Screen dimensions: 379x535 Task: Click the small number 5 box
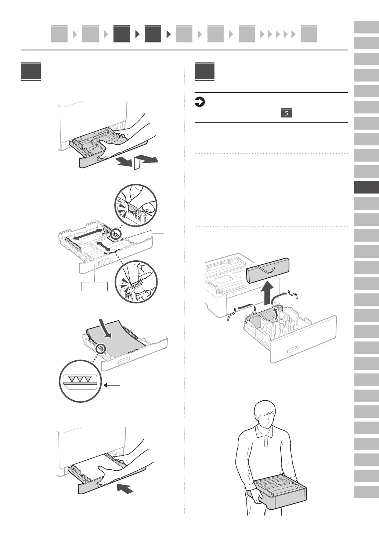[x=286, y=113]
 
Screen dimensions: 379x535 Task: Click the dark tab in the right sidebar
[x=366, y=188]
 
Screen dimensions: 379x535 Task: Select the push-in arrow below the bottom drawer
[x=125, y=488]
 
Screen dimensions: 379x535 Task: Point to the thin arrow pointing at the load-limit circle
[x=112, y=385]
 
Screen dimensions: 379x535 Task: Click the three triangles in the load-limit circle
[x=80, y=379]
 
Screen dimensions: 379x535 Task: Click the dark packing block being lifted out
[x=267, y=271]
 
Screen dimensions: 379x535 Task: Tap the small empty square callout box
[x=159, y=229]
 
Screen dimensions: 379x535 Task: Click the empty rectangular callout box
[x=94, y=286]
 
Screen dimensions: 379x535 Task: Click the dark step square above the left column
[x=31, y=72]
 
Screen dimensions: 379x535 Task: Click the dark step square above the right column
[x=205, y=72]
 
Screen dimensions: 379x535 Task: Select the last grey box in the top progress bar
[x=309, y=34]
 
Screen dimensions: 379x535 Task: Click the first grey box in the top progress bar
[x=59, y=34]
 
